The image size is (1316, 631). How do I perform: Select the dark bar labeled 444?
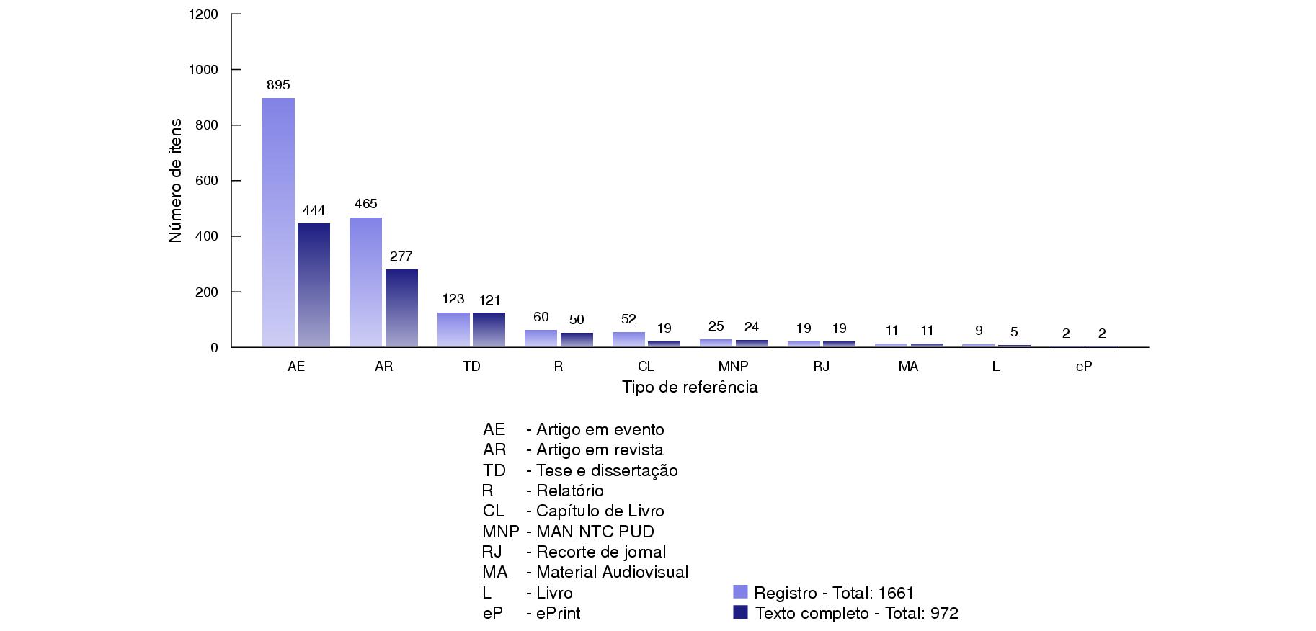pyautogui.click(x=314, y=285)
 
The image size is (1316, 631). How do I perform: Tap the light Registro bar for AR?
pyautogui.click(x=365, y=282)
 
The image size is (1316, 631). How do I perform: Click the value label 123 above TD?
pyautogui.click(x=453, y=299)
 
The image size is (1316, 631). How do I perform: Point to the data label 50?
pyautogui.click(x=577, y=320)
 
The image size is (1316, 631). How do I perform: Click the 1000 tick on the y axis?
pyautogui.click(x=203, y=70)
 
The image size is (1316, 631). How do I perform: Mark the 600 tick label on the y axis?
pyautogui.click(x=206, y=181)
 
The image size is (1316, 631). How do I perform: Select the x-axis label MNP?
pyautogui.click(x=733, y=367)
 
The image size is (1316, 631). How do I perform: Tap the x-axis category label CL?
pyautogui.click(x=646, y=367)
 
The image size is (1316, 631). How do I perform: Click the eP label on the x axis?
pyautogui.click(x=1083, y=367)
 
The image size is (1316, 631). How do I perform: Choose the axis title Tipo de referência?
pyautogui.click(x=690, y=388)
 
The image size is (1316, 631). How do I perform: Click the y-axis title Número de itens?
pyautogui.click(x=175, y=181)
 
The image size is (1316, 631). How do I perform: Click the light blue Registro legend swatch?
pyautogui.click(x=740, y=592)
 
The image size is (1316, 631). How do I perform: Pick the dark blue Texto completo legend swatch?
pyautogui.click(x=740, y=612)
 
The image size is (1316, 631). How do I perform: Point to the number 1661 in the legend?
pyautogui.click(x=895, y=593)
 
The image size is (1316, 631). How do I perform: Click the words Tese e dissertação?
pyautogui.click(x=607, y=470)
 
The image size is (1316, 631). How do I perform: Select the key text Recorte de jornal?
pyautogui.click(x=601, y=552)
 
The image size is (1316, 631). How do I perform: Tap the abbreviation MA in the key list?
pyautogui.click(x=495, y=572)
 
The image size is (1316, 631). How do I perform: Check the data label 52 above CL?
pyautogui.click(x=628, y=319)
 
